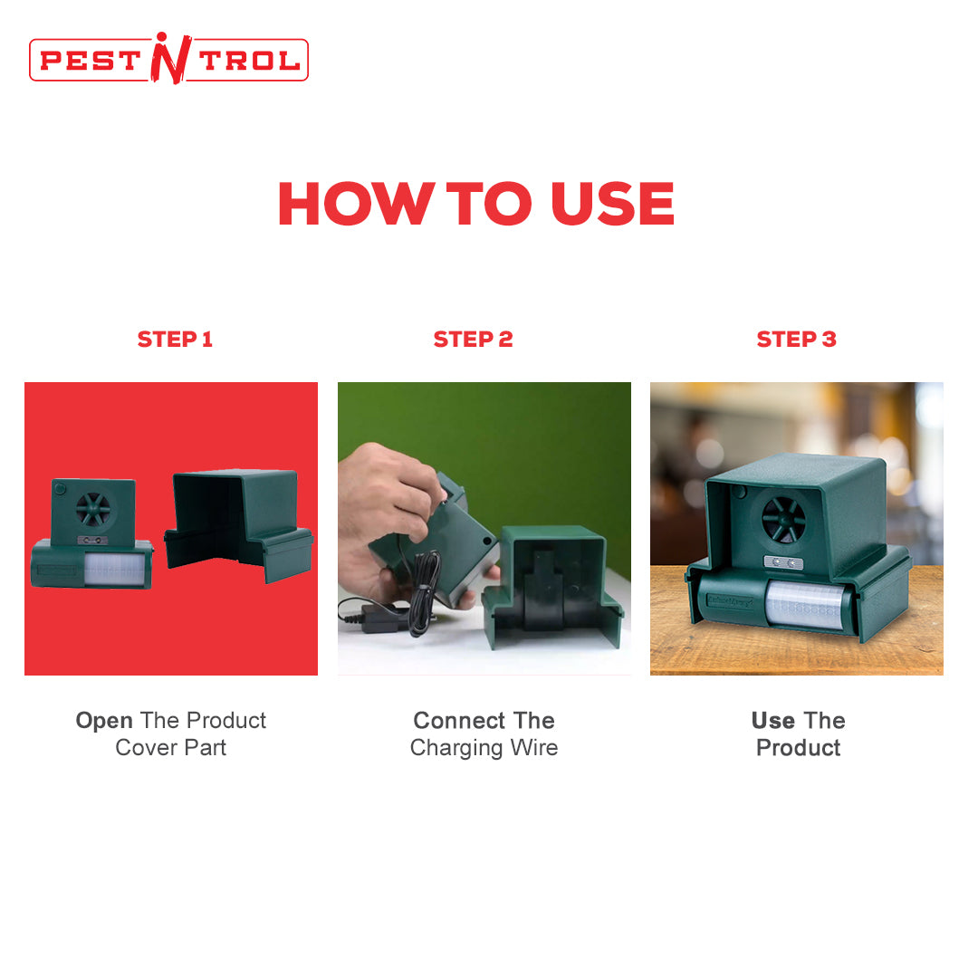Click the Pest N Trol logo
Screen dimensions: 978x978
[x=168, y=59]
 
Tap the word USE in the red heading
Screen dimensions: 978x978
[x=612, y=204]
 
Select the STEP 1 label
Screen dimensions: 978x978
[x=175, y=340]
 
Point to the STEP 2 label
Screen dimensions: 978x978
[x=473, y=340]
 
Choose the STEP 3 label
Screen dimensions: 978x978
[x=797, y=340]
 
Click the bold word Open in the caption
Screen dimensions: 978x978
[x=104, y=721]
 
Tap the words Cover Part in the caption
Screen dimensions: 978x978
[x=171, y=747]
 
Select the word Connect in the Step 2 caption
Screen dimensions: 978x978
[x=460, y=721]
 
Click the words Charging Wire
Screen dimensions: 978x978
[x=484, y=748]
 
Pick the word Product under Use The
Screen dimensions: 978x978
[x=799, y=747]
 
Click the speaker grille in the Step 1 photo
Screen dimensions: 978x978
[x=93, y=508]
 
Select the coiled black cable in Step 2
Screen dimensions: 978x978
[x=424, y=591]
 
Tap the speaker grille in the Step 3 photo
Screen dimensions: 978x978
[x=784, y=519]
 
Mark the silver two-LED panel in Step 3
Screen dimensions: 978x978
[x=783, y=562]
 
